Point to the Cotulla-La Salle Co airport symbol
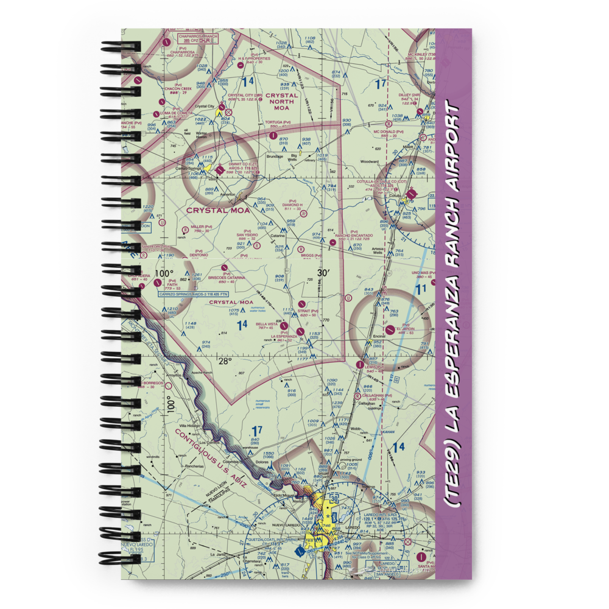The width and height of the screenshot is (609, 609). coord(411,195)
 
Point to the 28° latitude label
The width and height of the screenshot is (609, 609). coord(225,361)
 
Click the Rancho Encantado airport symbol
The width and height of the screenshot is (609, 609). coord(333,242)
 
